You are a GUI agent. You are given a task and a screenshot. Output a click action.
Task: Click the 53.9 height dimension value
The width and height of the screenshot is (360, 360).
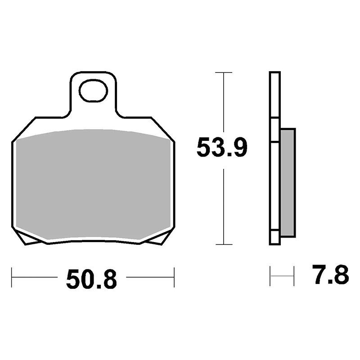coord(222,148)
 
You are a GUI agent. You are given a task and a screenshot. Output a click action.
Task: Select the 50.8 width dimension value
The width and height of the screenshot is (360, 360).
coord(92,279)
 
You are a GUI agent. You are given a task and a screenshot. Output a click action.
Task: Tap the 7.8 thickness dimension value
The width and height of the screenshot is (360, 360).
coord(331,274)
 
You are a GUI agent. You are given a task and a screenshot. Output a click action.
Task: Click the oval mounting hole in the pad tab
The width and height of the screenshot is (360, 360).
coord(93,91)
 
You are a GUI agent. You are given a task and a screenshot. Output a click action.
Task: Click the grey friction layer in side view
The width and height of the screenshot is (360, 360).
coord(288,183)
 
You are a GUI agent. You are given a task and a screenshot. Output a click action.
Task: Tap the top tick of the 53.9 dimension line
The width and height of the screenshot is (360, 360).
coord(223,72)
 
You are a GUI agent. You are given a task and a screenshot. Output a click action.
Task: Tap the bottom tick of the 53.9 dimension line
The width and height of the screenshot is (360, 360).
coord(223,244)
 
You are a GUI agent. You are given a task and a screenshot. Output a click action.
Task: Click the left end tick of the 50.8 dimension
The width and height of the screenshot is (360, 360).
coord(12,277)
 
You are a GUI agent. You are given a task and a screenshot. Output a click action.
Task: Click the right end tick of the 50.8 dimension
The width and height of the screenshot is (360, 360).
coord(174,277)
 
